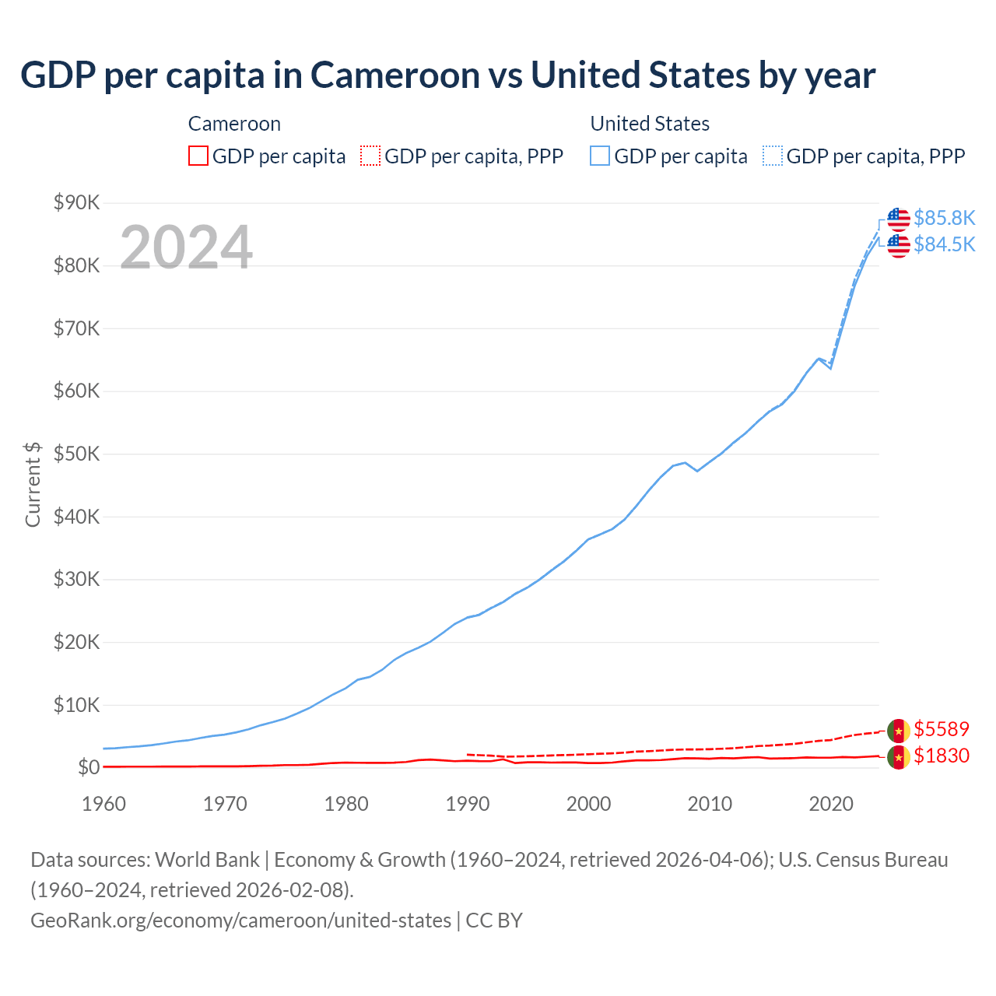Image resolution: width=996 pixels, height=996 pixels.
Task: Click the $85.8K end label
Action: pos(944,218)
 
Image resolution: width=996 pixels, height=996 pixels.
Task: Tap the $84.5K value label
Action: pos(944,244)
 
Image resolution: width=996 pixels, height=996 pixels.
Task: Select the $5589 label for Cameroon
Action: pos(942,729)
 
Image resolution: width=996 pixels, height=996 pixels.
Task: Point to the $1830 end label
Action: pos(942,756)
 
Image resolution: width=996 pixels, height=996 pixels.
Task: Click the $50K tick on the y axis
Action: pos(76,454)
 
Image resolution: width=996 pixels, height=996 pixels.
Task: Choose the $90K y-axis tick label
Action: pos(76,202)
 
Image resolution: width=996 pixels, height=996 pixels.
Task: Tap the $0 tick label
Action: pos(89,767)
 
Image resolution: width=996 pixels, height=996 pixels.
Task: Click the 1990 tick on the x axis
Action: pos(468,804)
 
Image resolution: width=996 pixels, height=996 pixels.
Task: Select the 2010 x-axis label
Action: pos(710,804)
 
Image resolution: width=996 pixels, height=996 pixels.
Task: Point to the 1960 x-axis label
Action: pos(103,804)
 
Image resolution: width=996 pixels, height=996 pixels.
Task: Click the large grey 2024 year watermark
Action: pos(186,247)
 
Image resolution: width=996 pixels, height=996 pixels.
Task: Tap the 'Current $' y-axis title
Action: pos(33,484)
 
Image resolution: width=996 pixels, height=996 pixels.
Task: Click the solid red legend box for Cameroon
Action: pos(198,156)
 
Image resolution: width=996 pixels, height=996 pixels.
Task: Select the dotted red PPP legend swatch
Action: pos(370,156)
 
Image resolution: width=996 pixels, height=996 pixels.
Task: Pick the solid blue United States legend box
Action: pos(600,156)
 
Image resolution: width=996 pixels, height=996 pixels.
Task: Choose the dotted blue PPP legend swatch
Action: pos(773,156)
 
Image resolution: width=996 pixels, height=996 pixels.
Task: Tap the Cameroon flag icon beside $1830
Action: pos(899,756)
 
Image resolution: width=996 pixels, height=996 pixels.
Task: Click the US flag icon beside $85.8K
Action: pos(899,219)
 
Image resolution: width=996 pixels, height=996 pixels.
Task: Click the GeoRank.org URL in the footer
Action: pos(240,920)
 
